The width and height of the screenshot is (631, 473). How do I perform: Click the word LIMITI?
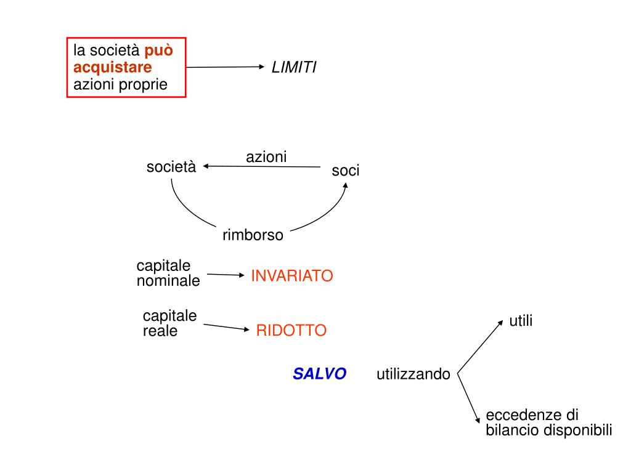coord(294,68)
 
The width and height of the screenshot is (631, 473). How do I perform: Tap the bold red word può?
coord(159,50)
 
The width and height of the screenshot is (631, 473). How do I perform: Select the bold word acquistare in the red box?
coord(112,67)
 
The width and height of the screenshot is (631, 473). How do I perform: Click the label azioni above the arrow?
coord(266,157)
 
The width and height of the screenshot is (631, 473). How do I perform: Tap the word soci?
coord(345,171)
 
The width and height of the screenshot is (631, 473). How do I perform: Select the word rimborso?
coord(253,235)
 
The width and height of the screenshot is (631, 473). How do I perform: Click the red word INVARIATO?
coord(291,276)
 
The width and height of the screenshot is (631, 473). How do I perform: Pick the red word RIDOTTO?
coord(291,331)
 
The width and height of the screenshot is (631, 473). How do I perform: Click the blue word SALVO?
coord(319,374)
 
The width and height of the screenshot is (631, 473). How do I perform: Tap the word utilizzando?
coord(413,374)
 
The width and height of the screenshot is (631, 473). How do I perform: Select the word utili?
coord(520,321)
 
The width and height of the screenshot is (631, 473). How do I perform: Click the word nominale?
coord(168,281)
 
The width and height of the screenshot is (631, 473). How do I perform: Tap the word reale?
coord(160,331)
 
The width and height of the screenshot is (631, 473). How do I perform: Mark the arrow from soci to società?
coord(262,166)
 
